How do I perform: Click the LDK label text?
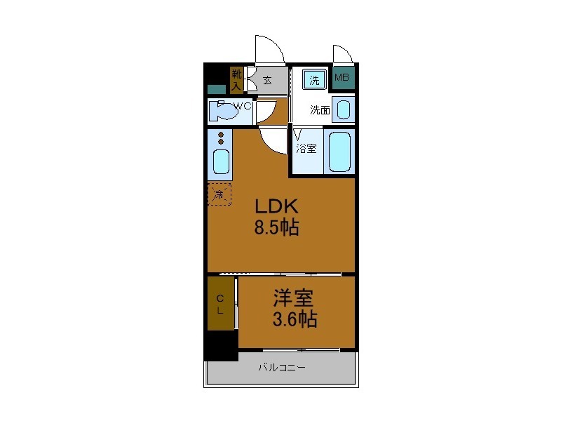tap(277, 207)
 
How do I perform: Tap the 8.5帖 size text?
tap(277, 227)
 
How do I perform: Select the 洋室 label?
tap(293, 298)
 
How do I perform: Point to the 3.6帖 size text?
tap(295, 320)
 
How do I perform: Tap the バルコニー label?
tap(281, 367)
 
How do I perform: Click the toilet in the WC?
tap(222, 111)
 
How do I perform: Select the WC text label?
tap(243, 107)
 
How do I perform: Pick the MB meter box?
tap(342, 79)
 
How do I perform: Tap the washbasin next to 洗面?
tap(342, 109)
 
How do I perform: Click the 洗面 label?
tap(320, 110)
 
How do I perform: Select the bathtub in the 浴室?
tap(340, 151)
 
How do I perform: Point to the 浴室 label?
tap(306, 149)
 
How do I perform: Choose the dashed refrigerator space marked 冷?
tap(219, 194)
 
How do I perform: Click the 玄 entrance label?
tap(267, 80)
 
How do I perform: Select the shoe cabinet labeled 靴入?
tap(236, 79)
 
